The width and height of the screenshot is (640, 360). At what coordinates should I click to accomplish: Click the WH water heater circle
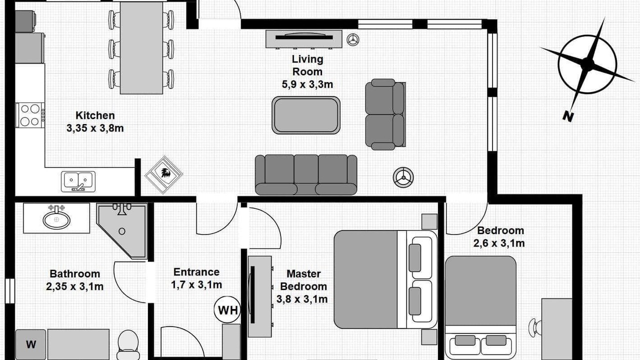coord(227,310)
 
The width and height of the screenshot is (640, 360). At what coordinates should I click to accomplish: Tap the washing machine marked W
coord(30,344)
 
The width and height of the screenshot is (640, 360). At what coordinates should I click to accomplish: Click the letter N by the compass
coord(568,116)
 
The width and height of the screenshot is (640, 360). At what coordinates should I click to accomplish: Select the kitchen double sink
coord(78,181)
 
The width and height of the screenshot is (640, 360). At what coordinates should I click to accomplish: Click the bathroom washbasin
coord(56,219)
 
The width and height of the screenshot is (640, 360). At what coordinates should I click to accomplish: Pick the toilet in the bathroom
coord(128,345)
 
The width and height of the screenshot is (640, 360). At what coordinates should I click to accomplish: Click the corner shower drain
coord(122,231)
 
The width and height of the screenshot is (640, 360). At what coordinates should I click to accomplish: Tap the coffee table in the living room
coord(306,115)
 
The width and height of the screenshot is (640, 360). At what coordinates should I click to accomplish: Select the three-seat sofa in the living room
coord(306,175)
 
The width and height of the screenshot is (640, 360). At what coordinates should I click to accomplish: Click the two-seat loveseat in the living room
coord(385,114)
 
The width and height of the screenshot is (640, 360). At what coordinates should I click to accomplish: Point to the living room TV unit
coord(304,39)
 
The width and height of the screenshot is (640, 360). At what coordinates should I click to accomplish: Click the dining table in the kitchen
coord(141,48)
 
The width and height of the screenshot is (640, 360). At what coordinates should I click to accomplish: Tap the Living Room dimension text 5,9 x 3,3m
coord(307,84)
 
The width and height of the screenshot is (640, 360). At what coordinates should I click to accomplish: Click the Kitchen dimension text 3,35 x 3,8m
coord(95,128)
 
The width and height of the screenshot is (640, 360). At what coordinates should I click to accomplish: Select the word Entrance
coord(196,272)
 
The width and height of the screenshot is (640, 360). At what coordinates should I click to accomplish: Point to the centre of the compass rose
coord(587,64)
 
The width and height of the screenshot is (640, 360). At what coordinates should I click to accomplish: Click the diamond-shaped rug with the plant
coord(163,174)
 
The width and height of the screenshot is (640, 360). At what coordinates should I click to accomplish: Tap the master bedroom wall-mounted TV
coord(252,295)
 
